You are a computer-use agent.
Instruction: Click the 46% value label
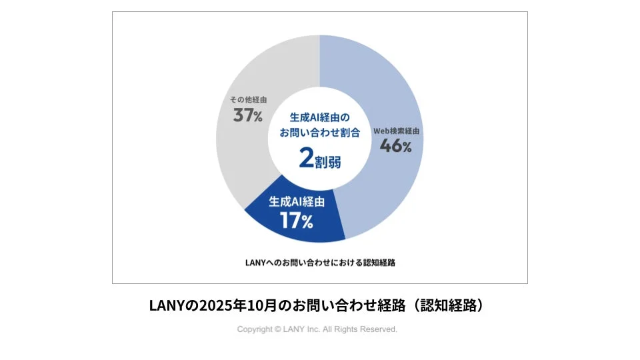tap(395, 147)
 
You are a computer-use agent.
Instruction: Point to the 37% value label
tap(247, 115)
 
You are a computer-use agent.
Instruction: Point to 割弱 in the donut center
tap(327, 161)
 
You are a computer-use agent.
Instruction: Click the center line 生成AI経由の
tap(319, 117)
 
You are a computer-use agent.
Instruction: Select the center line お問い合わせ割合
tap(319, 133)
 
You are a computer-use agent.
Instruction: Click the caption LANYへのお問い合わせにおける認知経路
tap(320, 262)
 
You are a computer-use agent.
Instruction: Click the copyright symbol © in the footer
tap(277, 329)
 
